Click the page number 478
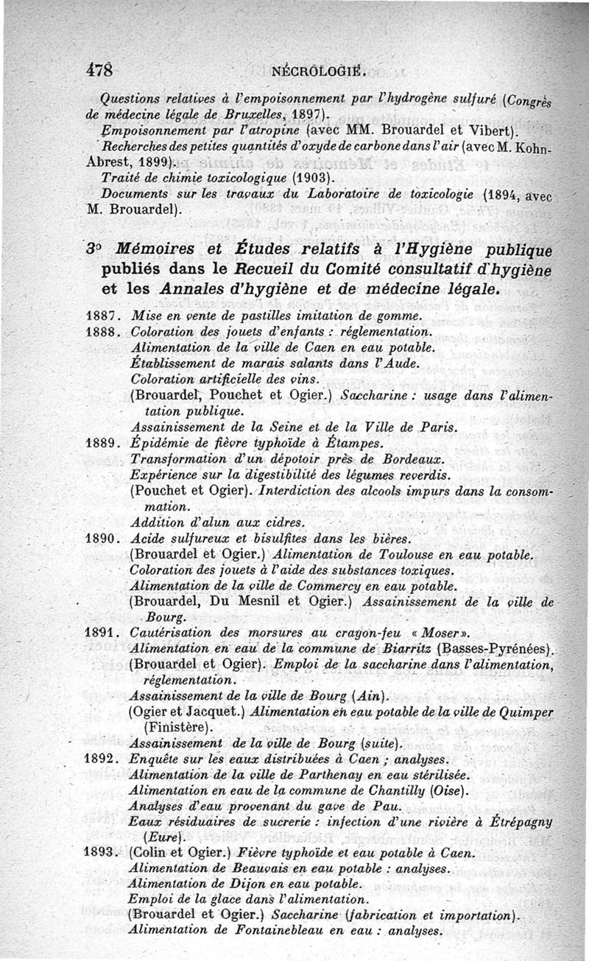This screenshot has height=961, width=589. (99, 71)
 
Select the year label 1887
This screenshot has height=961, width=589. (102, 316)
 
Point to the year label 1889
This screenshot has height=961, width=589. (102, 443)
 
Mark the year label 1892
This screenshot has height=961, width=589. (102, 758)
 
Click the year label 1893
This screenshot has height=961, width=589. (102, 854)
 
